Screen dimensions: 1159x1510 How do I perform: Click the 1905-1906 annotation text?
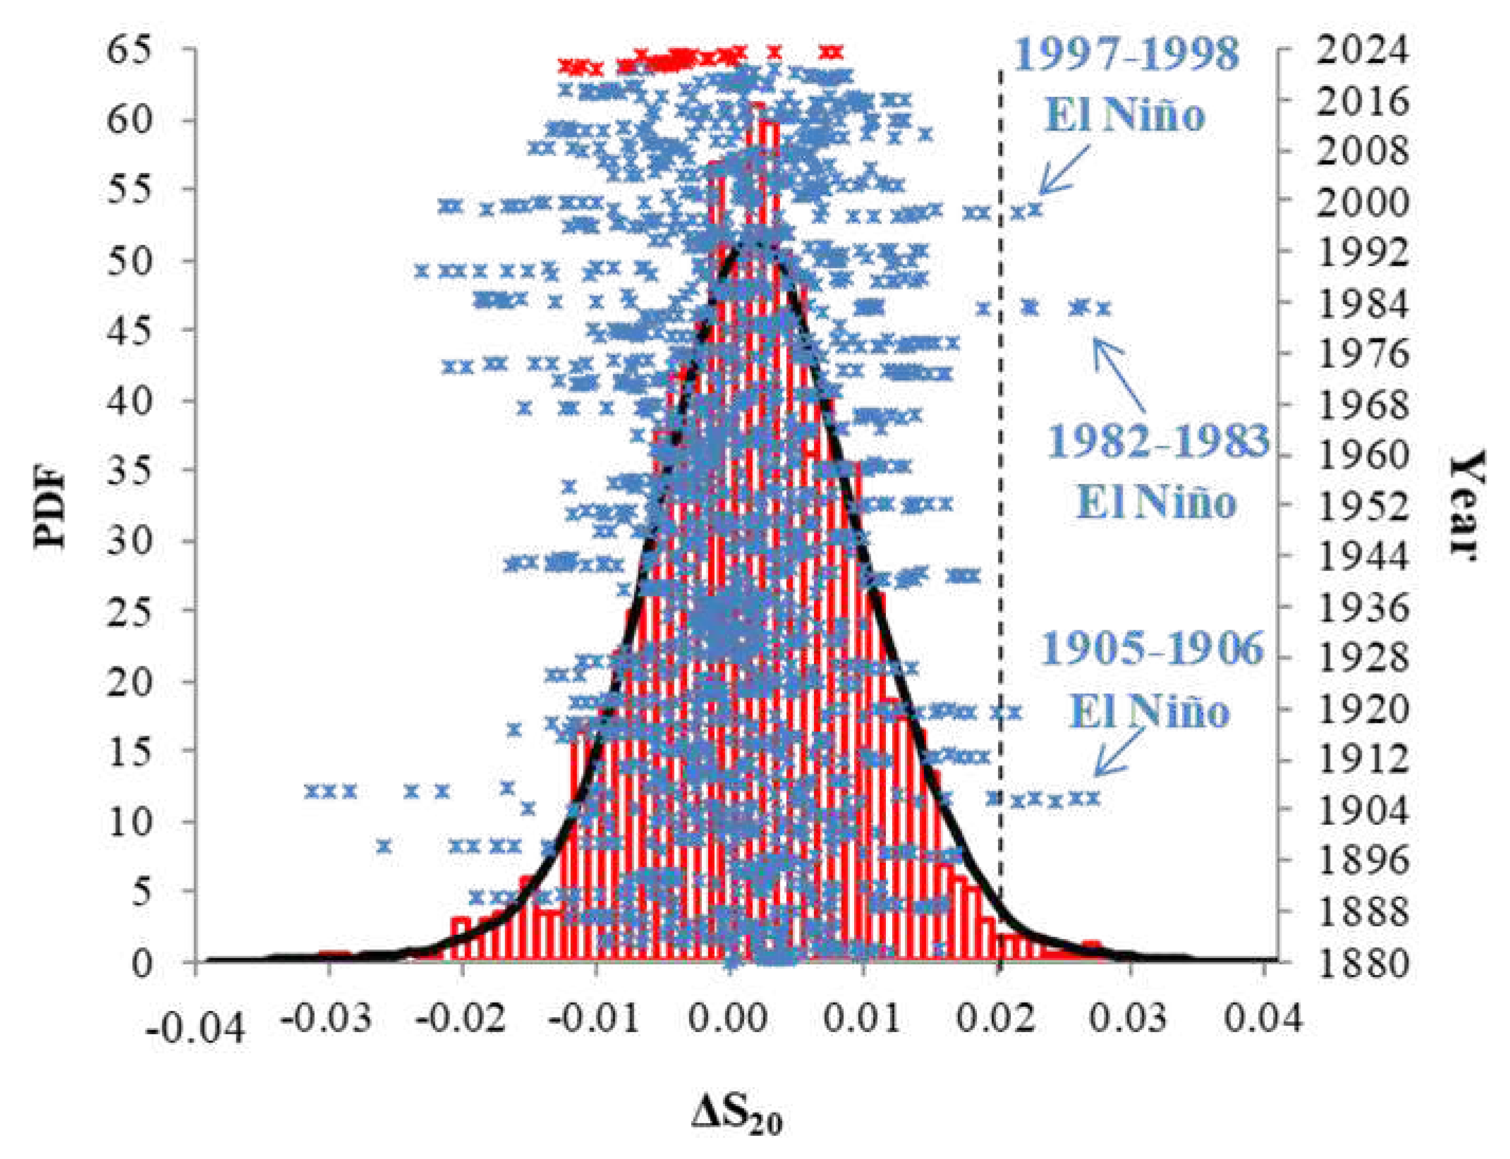tap(1151, 648)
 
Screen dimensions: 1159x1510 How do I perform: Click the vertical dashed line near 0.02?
tap(1000, 483)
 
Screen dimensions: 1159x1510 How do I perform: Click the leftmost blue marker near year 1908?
tap(312, 790)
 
